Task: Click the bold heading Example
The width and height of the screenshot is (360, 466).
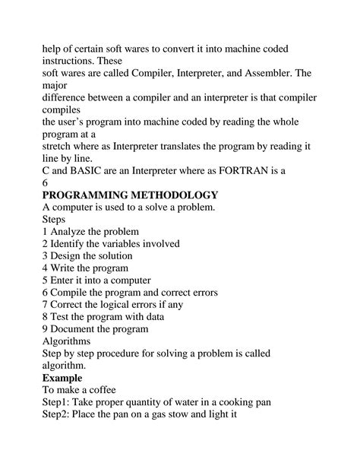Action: [64, 378]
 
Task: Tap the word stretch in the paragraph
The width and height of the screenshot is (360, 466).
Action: [61, 147]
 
